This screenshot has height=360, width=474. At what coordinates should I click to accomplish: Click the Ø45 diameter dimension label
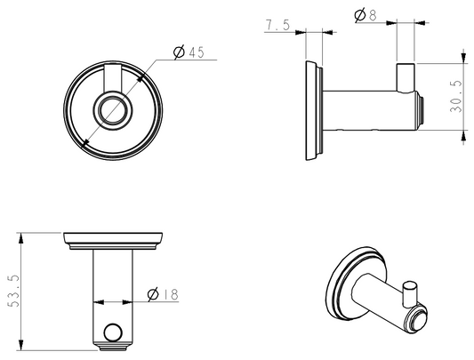click(x=189, y=52)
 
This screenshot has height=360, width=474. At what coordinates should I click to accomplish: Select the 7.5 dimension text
click(x=277, y=25)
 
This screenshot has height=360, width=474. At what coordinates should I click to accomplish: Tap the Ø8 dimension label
click(x=366, y=15)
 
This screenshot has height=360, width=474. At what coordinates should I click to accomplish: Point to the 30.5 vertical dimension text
click(x=456, y=97)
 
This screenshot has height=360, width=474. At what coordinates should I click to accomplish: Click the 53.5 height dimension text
click(x=13, y=291)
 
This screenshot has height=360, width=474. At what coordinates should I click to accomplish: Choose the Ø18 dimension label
click(x=163, y=294)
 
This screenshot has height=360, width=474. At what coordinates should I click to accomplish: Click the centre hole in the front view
click(x=113, y=110)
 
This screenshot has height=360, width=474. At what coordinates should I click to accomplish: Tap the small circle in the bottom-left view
click(x=113, y=332)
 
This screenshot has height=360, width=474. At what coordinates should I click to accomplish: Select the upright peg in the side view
click(x=406, y=77)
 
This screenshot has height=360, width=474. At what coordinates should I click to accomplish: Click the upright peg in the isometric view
click(x=410, y=292)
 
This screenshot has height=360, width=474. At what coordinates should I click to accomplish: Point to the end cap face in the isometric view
click(x=417, y=320)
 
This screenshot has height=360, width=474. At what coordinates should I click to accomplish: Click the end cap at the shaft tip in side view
click(x=420, y=110)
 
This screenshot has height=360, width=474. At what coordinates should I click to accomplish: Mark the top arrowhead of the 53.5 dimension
click(x=20, y=238)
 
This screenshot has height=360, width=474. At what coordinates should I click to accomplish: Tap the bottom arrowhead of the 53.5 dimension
click(x=20, y=345)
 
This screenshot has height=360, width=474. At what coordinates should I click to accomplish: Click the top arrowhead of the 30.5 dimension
click(x=463, y=58)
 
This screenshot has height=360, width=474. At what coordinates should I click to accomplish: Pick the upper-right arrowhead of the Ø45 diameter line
click(x=140, y=78)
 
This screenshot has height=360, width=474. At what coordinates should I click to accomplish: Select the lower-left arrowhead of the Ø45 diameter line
click(x=86, y=143)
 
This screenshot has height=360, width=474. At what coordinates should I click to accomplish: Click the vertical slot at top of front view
click(x=113, y=78)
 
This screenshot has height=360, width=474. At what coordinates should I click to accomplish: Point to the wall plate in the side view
click(x=314, y=110)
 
